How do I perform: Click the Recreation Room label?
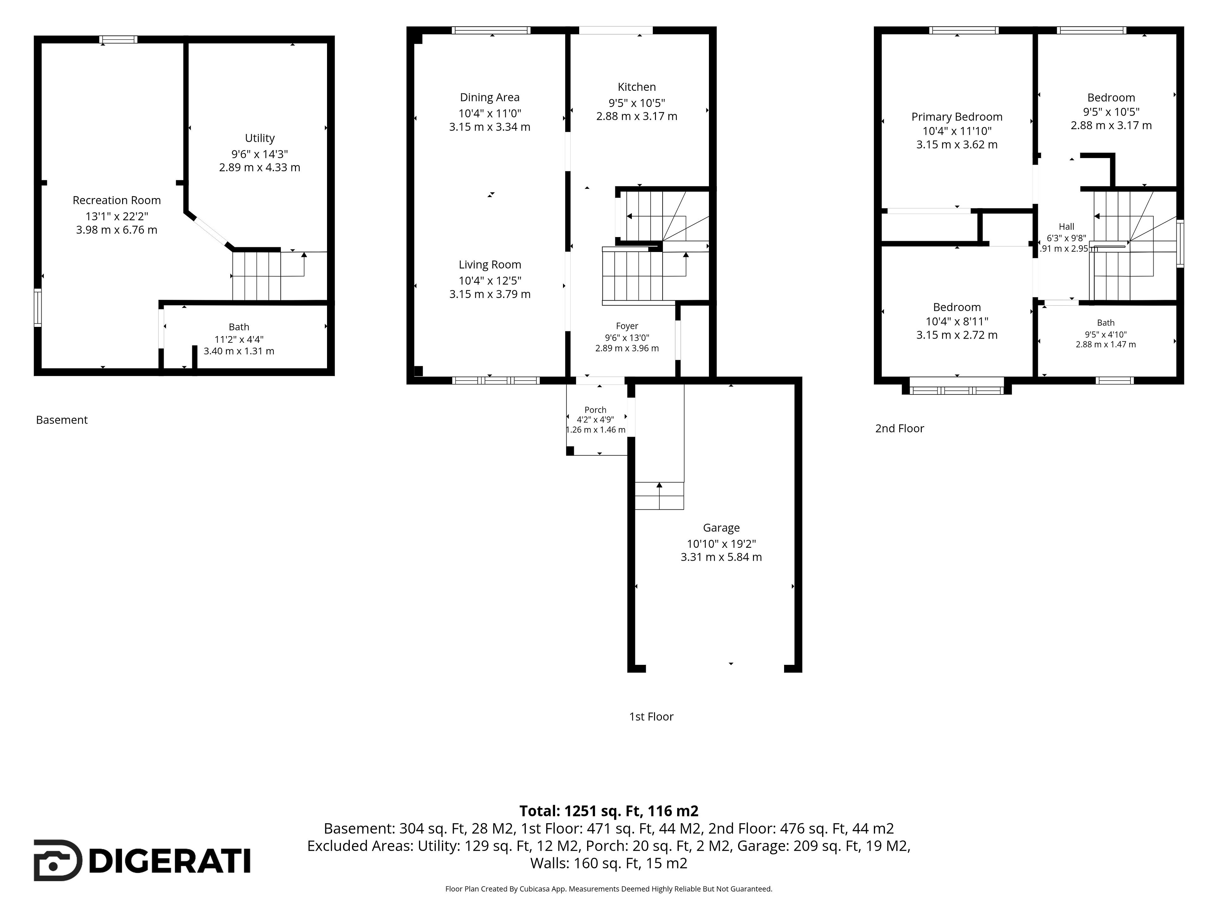pos(117,201)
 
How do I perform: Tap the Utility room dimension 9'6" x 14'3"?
pos(260,154)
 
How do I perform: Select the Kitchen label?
pos(637,87)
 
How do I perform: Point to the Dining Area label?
pos(489,97)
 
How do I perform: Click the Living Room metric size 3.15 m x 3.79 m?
pos(489,294)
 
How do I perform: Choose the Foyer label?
pos(627,326)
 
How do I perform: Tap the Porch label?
pos(595,410)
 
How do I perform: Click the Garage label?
pos(721,528)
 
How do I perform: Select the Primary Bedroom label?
pos(956,117)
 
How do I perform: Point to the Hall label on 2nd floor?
pos(1066,226)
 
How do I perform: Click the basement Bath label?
pos(239,327)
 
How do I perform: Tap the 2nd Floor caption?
pos(899,429)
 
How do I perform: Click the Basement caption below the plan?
pos(62,420)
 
